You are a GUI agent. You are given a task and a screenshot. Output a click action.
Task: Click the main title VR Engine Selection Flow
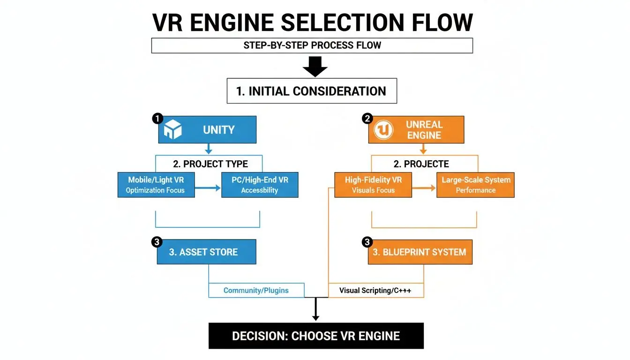point(313,22)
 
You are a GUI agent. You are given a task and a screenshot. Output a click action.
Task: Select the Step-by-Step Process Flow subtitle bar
point(312,45)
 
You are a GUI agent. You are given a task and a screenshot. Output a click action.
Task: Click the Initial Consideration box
point(312,91)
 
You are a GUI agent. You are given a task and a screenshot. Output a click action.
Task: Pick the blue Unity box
point(207,129)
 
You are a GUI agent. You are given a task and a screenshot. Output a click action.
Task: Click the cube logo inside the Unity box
point(172,130)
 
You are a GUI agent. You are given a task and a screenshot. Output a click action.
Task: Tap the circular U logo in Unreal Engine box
point(383,131)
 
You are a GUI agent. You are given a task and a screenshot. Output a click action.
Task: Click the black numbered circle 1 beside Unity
point(157,119)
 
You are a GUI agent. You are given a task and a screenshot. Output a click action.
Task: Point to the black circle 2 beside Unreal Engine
point(367,119)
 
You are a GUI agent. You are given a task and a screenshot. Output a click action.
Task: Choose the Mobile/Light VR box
point(156,185)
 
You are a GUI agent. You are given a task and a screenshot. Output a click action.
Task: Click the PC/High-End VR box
point(259,185)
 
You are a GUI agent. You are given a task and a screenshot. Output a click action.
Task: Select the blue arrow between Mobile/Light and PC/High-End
point(208,188)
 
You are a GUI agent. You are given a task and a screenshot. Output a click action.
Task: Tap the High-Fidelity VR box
point(373,185)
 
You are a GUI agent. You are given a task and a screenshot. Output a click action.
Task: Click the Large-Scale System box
point(475,185)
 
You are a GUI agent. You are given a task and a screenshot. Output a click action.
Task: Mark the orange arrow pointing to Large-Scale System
point(424,188)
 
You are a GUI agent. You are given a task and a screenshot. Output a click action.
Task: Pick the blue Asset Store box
point(206,252)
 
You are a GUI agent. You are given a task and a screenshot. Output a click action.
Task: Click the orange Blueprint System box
point(420,252)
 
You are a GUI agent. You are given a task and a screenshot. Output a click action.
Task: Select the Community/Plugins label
point(256,290)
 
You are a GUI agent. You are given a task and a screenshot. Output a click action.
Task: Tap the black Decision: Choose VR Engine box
point(316,336)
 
